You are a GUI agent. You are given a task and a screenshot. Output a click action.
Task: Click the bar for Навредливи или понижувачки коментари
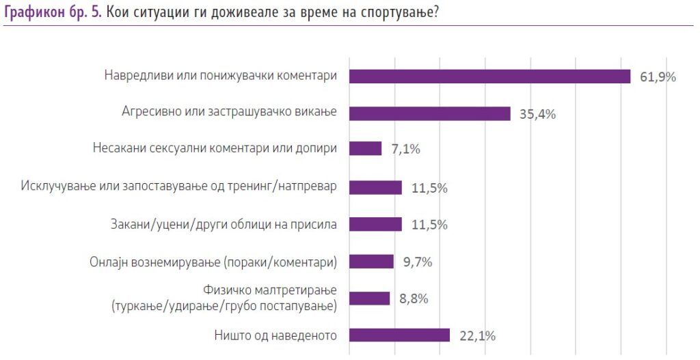pos(489,77)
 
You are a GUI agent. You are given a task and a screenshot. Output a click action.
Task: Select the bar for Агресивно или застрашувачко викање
pos(429,113)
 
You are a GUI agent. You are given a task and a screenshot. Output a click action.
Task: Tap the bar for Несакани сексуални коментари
pos(365,149)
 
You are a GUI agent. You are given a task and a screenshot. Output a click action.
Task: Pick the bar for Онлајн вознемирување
pos(371,262)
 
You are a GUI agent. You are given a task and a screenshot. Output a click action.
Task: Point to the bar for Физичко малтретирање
pos(369,299)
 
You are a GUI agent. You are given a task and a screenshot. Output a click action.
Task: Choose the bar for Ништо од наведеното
pos(399,335)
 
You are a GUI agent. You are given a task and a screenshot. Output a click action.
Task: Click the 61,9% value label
pos(658,77)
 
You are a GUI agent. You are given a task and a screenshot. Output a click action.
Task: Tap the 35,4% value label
pos(537,114)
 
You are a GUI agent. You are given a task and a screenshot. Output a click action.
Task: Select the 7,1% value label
pos(405,150)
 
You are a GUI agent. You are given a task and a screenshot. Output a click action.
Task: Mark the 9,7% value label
pos(416,262)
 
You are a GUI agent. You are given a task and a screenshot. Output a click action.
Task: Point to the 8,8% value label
pos(412,299)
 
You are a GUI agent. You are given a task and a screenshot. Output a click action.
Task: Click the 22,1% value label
pos(476,335)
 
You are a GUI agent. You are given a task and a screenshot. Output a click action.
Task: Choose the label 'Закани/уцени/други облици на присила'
pos(223,224)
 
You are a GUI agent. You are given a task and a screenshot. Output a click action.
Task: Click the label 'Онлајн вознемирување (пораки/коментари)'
pos(213,262)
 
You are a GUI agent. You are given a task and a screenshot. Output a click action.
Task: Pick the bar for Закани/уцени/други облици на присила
pos(375,224)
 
